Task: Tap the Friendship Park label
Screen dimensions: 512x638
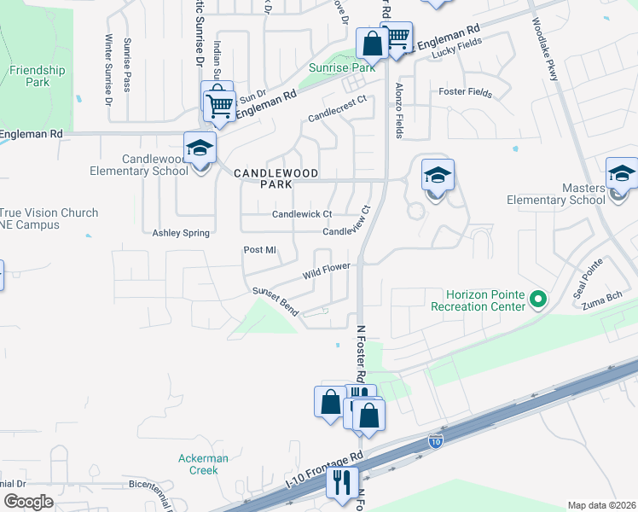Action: [x=38, y=76]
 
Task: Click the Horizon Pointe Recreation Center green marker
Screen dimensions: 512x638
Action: [x=537, y=299]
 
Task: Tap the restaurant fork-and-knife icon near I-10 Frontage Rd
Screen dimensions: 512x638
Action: [x=342, y=482]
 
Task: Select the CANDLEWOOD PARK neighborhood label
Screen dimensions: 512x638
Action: [x=264, y=177]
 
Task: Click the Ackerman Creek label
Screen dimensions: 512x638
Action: [x=203, y=464]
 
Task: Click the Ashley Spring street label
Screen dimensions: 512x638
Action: [x=180, y=232]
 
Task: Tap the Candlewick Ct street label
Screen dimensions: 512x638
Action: [x=301, y=214]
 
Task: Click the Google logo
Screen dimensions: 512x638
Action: [x=27, y=502]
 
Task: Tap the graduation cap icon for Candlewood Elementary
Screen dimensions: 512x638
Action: [x=200, y=148]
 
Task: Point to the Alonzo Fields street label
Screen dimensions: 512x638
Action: [x=398, y=110]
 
